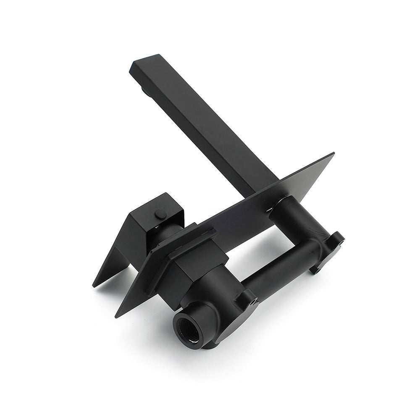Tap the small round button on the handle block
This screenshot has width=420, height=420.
click(159, 215)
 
